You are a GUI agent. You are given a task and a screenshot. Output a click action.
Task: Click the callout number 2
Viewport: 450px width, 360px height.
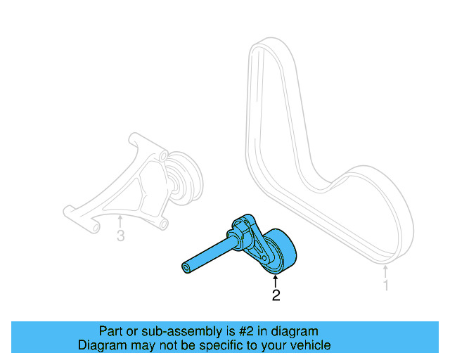click(x=276, y=296)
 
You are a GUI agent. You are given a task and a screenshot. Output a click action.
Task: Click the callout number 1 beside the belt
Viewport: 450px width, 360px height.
click(x=385, y=285)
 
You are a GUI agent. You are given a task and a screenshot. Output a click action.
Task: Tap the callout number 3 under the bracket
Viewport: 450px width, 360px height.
click(x=120, y=236)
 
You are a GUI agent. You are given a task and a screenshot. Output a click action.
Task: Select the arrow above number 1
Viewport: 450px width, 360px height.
click(x=385, y=271)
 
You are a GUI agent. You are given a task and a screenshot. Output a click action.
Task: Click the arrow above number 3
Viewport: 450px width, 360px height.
click(x=120, y=221)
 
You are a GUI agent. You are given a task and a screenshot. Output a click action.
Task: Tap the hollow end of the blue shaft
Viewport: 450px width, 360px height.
click(x=186, y=267)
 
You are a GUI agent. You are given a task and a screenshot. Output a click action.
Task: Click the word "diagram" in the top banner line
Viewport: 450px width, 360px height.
click(x=294, y=331)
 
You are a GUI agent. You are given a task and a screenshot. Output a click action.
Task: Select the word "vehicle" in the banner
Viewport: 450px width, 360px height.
click(x=309, y=345)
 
